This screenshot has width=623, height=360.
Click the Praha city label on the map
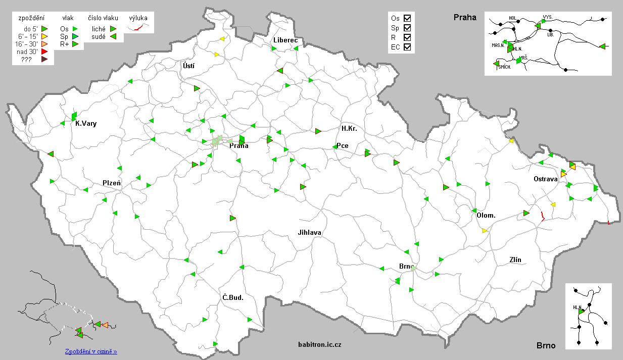click(238, 146)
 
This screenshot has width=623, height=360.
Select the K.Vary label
click(85, 124)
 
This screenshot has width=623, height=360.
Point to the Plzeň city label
click(112, 183)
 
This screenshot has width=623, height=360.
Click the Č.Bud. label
click(233, 297)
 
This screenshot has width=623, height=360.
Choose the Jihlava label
click(309, 232)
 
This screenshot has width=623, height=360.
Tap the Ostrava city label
click(545, 179)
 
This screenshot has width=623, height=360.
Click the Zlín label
click(515, 260)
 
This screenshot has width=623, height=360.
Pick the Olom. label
click(486, 216)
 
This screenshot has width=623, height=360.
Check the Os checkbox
click(407, 18)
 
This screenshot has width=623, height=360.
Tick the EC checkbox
click(407, 47)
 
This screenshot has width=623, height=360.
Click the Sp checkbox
click(407, 27)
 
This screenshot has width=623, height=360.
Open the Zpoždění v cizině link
click(91, 351)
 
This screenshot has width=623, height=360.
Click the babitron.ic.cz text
click(320, 344)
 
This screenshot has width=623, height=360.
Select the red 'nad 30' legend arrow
click(44, 52)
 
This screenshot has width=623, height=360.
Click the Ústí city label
click(188, 66)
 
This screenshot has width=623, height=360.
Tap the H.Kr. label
click(349, 129)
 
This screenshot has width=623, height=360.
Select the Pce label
click(343, 146)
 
